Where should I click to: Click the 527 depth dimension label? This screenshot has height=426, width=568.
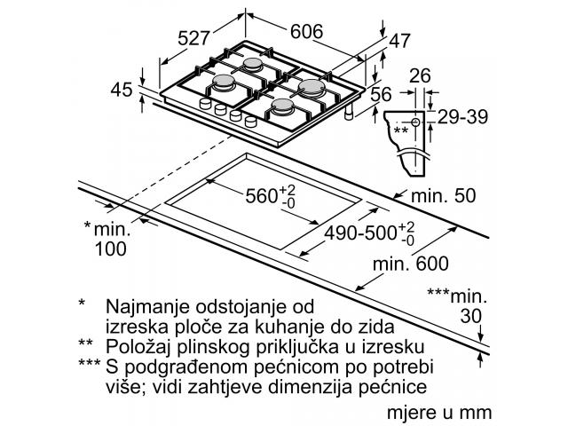click(193, 37)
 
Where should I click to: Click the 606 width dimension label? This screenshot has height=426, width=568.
click(306, 32)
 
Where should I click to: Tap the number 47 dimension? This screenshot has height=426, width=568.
click(399, 41)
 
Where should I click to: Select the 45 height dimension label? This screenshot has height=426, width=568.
click(122, 90)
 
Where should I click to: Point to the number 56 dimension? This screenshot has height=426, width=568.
click(381, 94)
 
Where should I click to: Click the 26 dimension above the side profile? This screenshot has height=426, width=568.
click(420, 75)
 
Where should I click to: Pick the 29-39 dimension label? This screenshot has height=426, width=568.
click(463, 116)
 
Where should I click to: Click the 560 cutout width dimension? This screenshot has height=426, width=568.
click(271, 196)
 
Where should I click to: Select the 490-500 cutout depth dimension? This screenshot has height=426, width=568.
click(369, 233)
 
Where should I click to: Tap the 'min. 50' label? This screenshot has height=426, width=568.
click(444, 195)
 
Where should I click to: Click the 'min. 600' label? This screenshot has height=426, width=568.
click(411, 264)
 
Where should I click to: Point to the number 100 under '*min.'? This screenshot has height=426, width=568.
click(110, 248)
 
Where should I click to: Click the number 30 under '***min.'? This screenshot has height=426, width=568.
click(471, 316)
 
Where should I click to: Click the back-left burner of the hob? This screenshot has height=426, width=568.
click(252, 64)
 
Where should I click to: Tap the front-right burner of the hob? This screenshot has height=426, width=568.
click(283, 106)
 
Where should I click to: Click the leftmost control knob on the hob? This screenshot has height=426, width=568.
click(205, 104)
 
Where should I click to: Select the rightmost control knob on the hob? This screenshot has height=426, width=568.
click(250, 122)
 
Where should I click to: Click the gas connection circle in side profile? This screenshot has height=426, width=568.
click(415, 122)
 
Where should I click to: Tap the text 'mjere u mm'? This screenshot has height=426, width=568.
click(439, 413)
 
